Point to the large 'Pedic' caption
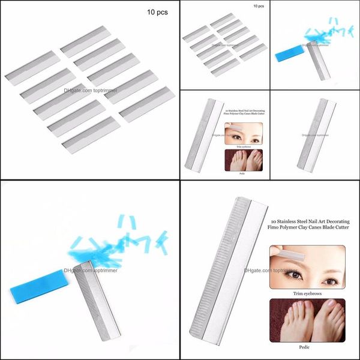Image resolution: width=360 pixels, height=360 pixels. [307, 347]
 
